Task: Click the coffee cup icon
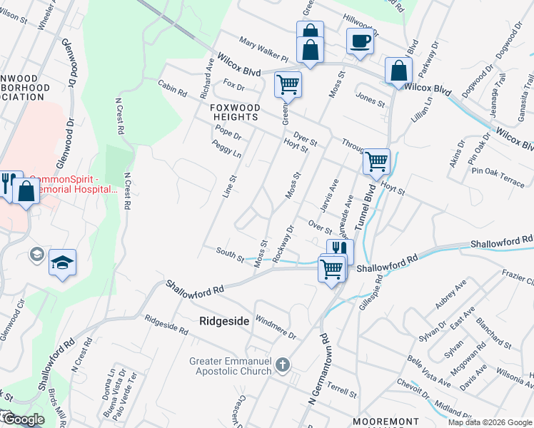coord(359,41)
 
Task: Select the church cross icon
coord(283,366)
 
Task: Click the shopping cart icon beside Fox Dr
coord(288,84)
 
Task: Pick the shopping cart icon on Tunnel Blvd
coord(376,160)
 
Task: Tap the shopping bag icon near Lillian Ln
coord(398,71)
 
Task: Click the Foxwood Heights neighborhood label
coord(235,113)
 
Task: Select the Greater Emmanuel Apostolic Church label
coord(231,366)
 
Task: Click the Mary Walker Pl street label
coord(263,49)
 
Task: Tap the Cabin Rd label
coord(173,88)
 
